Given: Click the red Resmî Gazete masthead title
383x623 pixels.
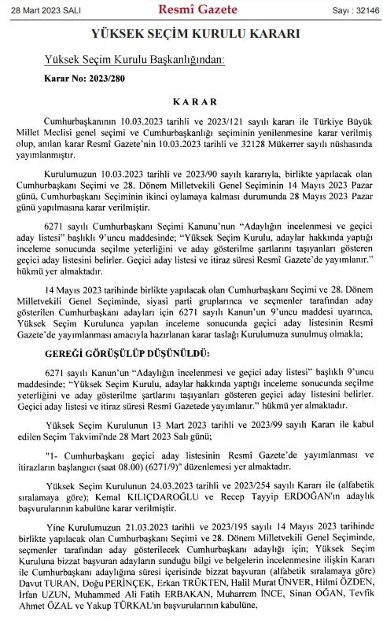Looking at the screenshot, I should click(x=191, y=9).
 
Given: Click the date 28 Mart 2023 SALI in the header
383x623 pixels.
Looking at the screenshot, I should click(x=38, y=11).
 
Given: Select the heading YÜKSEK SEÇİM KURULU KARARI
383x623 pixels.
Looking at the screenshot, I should click(x=191, y=35).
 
